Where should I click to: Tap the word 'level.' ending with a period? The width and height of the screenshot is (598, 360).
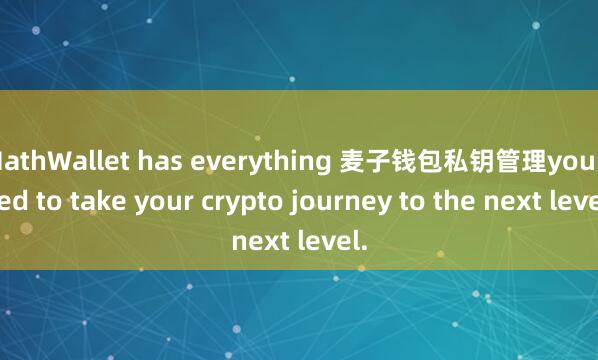[x=331, y=240]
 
